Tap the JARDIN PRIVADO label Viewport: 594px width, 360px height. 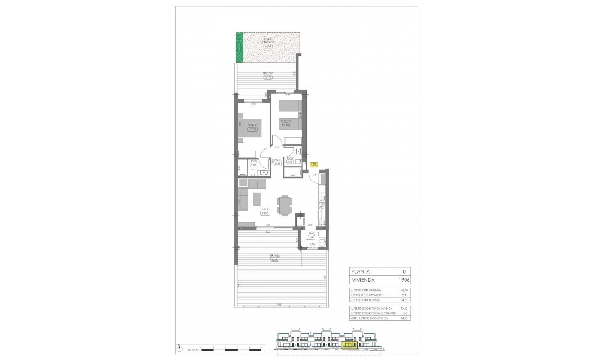(268, 40)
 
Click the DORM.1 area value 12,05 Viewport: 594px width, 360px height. (252, 129)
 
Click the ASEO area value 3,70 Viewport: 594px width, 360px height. (254, 165)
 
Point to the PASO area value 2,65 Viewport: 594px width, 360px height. (278, 164)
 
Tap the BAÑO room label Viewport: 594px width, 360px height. (290, 158)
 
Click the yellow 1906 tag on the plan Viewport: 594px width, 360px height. (314, 165)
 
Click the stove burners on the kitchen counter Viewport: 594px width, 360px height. (322, 207)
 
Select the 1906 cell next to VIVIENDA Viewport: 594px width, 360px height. (404, 279)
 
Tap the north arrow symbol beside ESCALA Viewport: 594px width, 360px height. (179, 348)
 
